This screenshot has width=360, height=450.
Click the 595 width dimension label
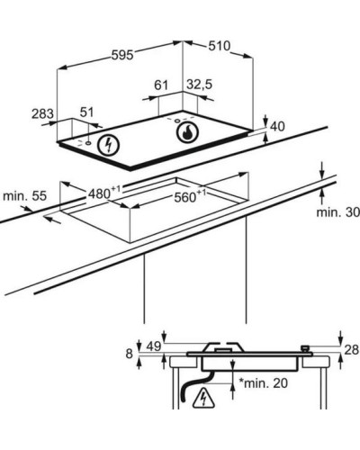pos(122,55)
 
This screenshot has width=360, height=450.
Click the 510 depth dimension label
pos(220,46)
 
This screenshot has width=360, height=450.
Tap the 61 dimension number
pos(161,85)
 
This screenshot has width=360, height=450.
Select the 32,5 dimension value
pos(199,85)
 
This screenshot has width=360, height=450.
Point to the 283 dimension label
pos(42,114)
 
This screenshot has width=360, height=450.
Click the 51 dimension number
pos(87,112)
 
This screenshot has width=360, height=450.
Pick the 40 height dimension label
pos(277,126)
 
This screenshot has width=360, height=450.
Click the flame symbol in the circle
pos(187,132)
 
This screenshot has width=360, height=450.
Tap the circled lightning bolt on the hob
pos(109,145)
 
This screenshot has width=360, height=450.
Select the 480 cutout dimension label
pos(104,193)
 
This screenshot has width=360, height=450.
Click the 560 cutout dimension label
pos(190,196)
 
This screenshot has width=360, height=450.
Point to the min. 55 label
pos(25,196)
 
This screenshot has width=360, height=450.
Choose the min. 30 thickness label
pos(338,212)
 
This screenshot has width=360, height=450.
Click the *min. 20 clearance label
pos(263,382)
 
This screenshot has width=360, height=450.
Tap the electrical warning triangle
pos(204,398)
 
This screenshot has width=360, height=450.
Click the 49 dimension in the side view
pos(154,346)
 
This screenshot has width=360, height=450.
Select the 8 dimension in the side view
pos(129,354)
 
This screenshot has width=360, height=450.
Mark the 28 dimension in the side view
pos(352,349)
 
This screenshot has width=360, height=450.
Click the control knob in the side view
pos(305,348)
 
